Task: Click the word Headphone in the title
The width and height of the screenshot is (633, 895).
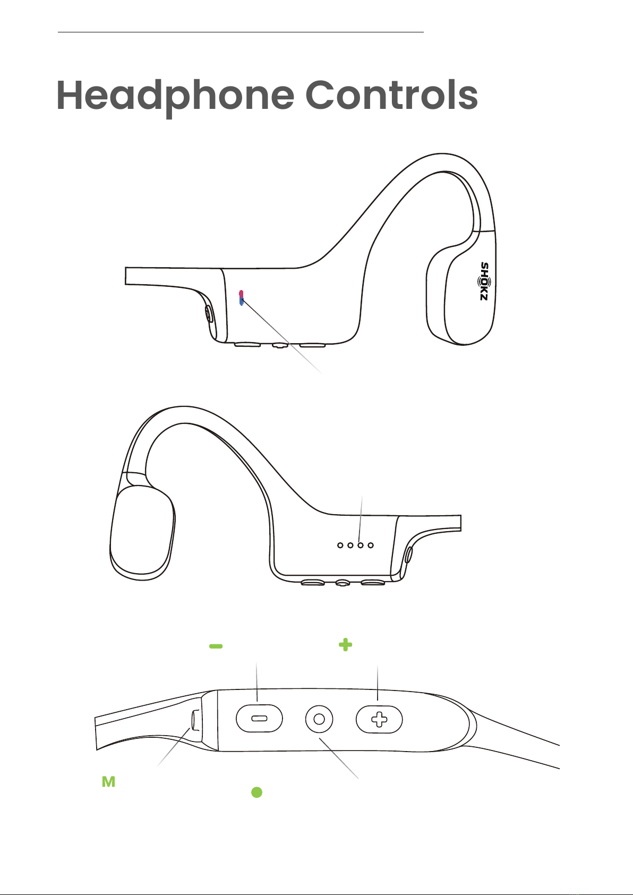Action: [175, 96]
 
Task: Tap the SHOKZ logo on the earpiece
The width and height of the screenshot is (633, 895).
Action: [485, 282]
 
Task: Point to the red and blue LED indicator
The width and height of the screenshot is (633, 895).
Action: [241, 298]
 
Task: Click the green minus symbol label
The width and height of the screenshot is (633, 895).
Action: [216, 646]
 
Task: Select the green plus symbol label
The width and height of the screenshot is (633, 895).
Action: [346, 644]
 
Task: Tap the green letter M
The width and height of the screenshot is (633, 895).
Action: [109, 781]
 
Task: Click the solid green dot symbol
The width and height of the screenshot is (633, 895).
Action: [257, 792]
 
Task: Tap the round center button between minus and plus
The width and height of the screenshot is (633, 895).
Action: [319, 719]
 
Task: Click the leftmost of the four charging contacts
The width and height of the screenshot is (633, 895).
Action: [340, 545]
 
